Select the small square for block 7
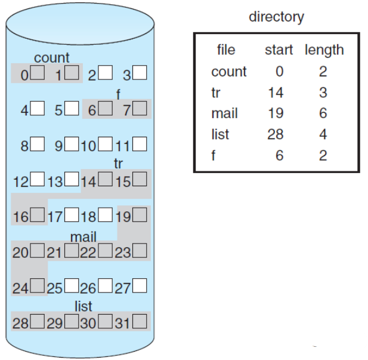pyautogui.click(x=140, y=110)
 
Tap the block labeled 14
pyautogui.click(x=107, y=180)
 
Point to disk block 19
pyautogui.click(x=140, y=216)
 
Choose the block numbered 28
pyautogui.click(x=38, y=323)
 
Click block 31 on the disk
pyautogui.click(x=140, y=323)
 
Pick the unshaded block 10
pyautogui.click(x=107, y=145)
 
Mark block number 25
pyautogui.click(x=72, y=288)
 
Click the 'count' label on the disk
pyautogui.click(x=52, y=58)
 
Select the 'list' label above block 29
pyautogui.click(x=83, y=307)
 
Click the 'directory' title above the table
pyautogui.click(x=276, y=17)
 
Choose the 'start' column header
pyautogui.click(x=279, y=50)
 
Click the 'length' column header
pyautogui.click(x=324, y=50)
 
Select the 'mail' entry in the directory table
pyautogui.click(x=224, y=113)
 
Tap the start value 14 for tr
pyautogui.click(x=275, y=93)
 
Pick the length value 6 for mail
pyautogui.click(x=323, y=113)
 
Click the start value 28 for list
pyautogui.click(x=275, y=134)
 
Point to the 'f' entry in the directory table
pyautogui.click(x=214, y=155)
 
